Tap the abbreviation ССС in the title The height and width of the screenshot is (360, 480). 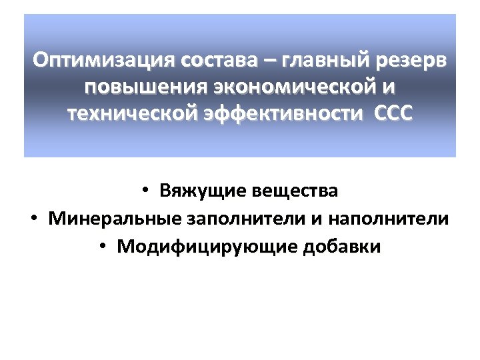(x=394, y=114)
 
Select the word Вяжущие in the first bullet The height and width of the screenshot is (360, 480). (x=203, y=191)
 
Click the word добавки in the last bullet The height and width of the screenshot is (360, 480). (x=342, y=247)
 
